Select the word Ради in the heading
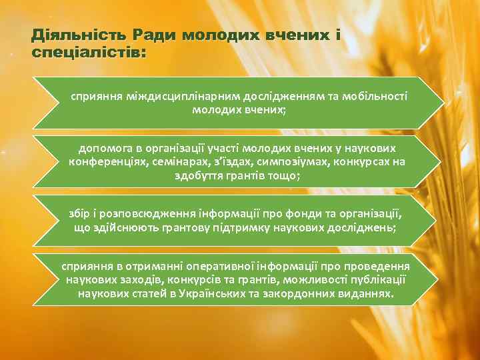(x=154, y=35)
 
